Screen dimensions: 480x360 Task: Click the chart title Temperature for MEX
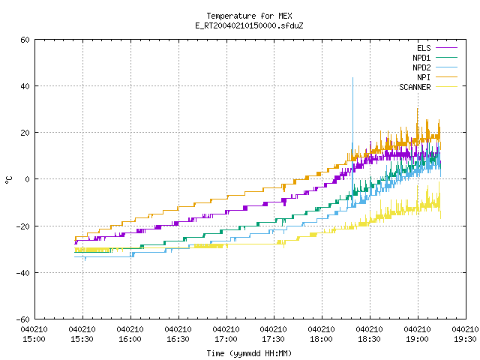(x=249, y=16)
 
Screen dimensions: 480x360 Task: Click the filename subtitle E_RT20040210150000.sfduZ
(x=249, y=25)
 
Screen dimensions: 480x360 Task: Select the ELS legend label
(x=424, y=48)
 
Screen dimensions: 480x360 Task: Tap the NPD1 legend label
(x=421, y=58)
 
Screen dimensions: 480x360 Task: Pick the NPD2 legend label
(x=421, y=67)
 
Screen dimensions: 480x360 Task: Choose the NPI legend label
(x=424, y=77)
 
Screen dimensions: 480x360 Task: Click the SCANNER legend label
(x=415, y=87)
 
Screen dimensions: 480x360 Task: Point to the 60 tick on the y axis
(x=25, y=40)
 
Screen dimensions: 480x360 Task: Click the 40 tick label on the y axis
(x=25, y=86)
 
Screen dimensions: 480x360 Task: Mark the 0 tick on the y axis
(x=28, y=179)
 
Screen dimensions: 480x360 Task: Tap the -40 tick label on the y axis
(x=23, y=273)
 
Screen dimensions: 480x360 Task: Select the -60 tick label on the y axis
(x=23, y=319)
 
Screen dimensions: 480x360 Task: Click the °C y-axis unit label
(x=8, y=180)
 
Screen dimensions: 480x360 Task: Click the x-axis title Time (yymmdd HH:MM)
(x=249, y=353)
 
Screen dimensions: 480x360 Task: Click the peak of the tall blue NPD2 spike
(x=352, y=78)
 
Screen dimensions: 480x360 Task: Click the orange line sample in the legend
(x=446, y=76)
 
